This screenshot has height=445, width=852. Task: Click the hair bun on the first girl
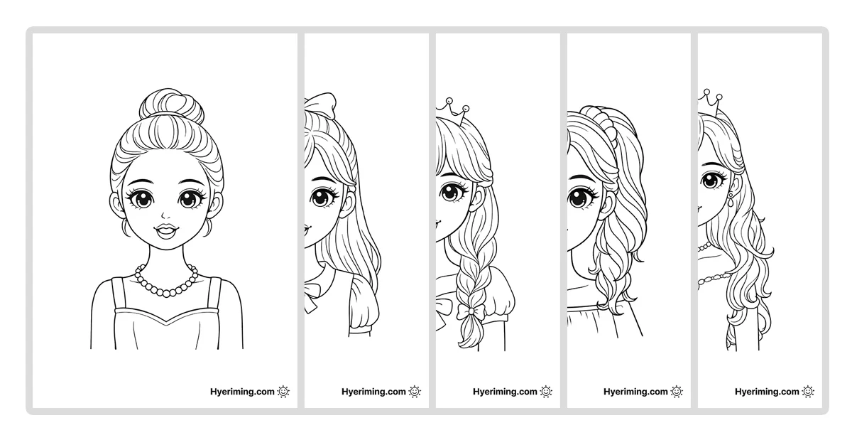171,105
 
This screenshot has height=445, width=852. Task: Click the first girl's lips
166,231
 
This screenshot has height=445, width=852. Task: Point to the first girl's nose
163,215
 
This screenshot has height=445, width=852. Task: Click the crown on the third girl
453,110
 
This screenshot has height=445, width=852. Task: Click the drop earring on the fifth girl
731,200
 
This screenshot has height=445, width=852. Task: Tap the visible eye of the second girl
322,196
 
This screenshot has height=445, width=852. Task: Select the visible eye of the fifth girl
711,180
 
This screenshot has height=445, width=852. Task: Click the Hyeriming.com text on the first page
242,392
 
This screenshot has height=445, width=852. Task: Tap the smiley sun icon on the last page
808,391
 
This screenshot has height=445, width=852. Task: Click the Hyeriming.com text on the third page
505,392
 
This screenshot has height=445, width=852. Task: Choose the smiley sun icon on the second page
415,391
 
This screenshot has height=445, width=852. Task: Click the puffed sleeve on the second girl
364,301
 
